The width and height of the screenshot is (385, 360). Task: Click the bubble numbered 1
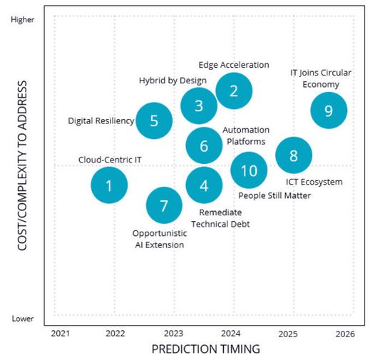tap(109, 185)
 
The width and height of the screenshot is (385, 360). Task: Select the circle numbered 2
tap(233, 91)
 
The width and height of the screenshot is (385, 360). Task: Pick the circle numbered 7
tap(165, 206)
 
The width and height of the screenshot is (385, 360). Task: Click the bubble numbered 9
tap(329, 110)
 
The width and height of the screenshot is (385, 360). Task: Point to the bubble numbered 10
tap(249, 170)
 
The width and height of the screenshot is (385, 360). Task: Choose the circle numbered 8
tap(293, 155)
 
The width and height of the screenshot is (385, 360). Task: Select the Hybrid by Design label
tap(173, 81)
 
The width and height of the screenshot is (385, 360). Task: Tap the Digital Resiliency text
tap(101, 121)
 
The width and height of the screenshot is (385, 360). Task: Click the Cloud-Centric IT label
tap(110, 159)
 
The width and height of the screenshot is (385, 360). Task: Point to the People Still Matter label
tap(274, 195)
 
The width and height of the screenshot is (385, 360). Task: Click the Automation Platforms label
tap(246, 135)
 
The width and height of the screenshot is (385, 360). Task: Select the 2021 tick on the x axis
tap(60, 333)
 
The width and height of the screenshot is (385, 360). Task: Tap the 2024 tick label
tap(231, 333)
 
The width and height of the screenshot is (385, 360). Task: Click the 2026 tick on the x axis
tap(345, 333)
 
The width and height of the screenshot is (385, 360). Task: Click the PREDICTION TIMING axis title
tap(205, 349)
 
